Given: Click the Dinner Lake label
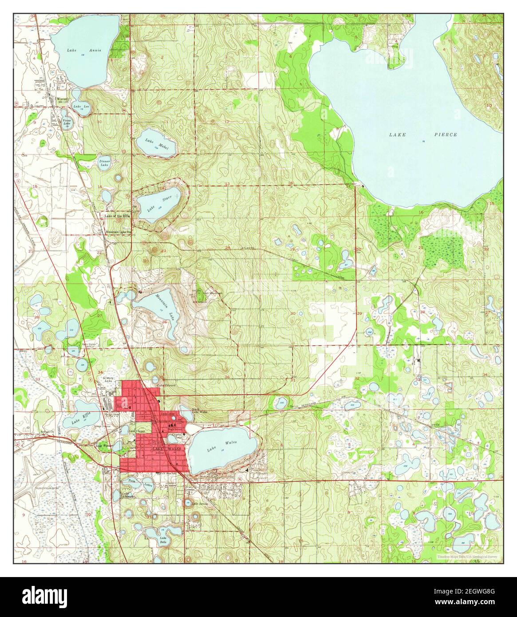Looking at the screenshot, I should click(x=104, y=163).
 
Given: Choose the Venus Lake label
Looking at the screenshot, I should click(x=67, y=122).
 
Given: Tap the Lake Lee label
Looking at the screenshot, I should click(x=79, y=107).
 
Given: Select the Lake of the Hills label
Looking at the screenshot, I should click(x=118, y=216).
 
